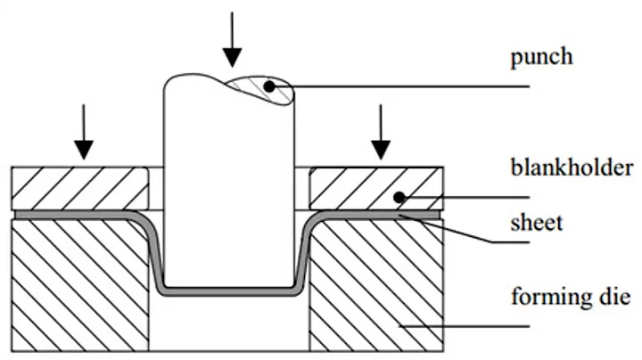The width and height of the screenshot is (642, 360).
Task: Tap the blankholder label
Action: click(572, 168)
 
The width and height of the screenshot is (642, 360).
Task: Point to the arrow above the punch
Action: click(232, 40)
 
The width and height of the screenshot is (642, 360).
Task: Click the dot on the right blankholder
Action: click(402, 197)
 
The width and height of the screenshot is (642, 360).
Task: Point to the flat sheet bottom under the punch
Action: click(229, 291)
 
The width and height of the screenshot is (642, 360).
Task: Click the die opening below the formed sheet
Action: click(229, 325)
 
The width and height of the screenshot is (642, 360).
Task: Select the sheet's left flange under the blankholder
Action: click(71, 215)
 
